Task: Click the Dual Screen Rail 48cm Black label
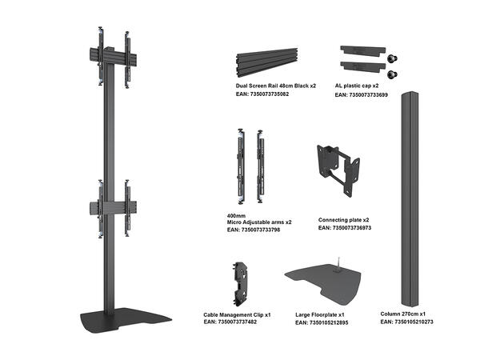[x=275, y=84]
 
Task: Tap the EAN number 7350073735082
[x=262, y=94]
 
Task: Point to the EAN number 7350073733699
[x=361, y=94]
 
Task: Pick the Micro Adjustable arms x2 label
[x=259, y=222]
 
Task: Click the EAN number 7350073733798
[x=254, y=230]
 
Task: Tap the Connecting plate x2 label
[x=343, y=219]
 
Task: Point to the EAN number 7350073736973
[x=345, y=228]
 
